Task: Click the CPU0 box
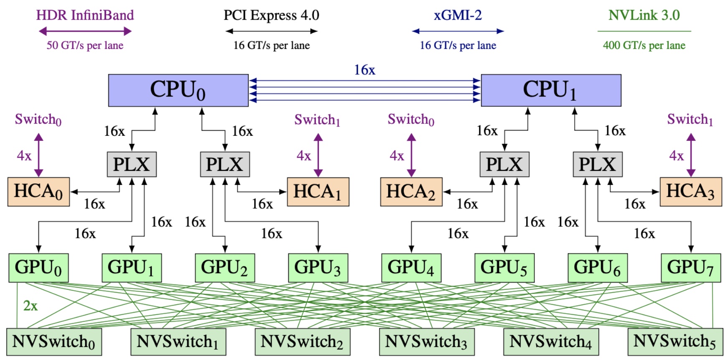(x=178, y=90)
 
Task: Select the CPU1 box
(x=551, y=90)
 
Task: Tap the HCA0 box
(x=38, y=192)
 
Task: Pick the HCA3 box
(x=690, y=192)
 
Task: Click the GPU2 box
(x=225, y=268)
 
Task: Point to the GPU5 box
(x=504, y=268)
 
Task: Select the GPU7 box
(x=690, y=268)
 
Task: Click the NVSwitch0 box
(x=54, y=342)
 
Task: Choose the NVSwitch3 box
(x=426, y=342)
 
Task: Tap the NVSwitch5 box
(x=675, y=342)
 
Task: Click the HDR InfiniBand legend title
(x=85, y=15)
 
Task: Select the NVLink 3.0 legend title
(x=644, y=15)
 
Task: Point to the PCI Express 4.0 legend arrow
(x=272, y=31)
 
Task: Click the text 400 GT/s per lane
(x=644, y=46)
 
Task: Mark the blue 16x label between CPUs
(x=364, y=70)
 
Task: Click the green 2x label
(x=30, y=306)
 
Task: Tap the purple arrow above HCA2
(x=411, y=155)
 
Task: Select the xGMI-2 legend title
(x=458, y=15)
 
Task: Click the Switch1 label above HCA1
(x=317, y=120)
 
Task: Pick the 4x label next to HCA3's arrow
(x=676, y=156)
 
